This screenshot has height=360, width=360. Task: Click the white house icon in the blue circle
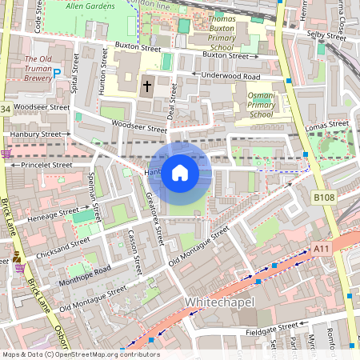coord(180,173)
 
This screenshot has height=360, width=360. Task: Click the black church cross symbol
coord(146,86)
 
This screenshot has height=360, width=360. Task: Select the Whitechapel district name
coord(218,302)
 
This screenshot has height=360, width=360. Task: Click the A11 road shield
coord(322,250)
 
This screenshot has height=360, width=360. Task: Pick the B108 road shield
coord(323,196)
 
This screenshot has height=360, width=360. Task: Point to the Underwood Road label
coord(230,75)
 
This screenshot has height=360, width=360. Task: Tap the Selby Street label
coord(325,35)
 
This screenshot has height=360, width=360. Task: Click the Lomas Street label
coord(327,125)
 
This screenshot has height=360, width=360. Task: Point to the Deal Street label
coord(170,104)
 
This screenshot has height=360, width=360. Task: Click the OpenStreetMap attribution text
coord(80,354)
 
